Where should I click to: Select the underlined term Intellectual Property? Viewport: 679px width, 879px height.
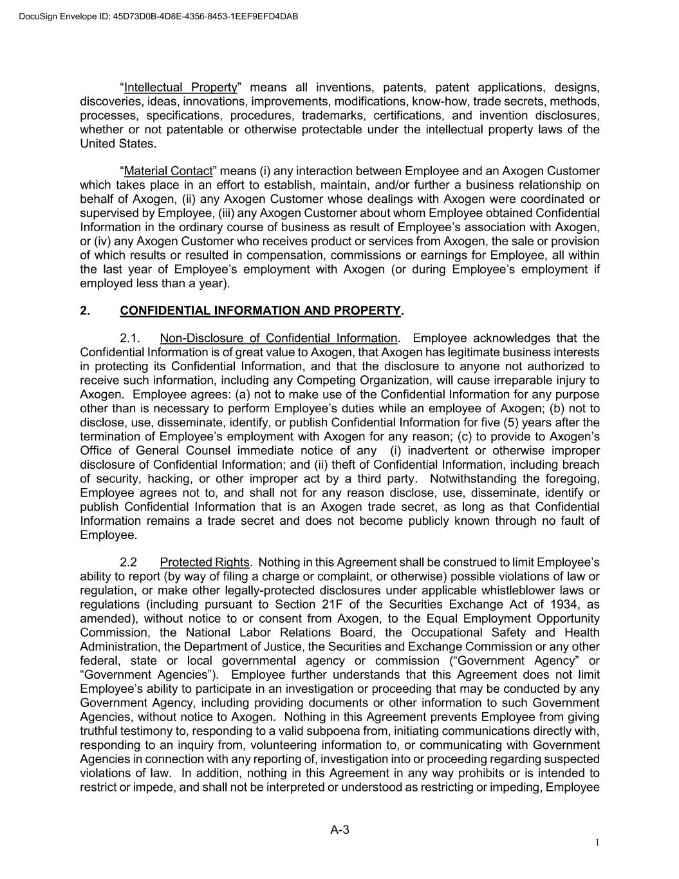(x=181, y=88)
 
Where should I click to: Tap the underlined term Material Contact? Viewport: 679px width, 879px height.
(x=168, y=171)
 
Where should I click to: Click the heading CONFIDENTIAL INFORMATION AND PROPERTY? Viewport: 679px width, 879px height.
(x=261, y=311)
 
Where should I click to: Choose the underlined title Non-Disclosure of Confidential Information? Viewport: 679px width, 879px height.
(x=279, y=339)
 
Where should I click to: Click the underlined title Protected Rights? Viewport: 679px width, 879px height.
(x=204, y=563)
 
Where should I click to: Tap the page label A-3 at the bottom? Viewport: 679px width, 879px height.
(x=340, y=830)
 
